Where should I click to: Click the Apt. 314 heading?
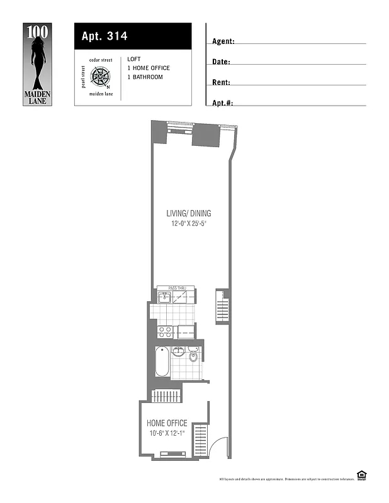pyautogui.click(x=104, y=36)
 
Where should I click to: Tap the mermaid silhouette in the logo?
pyautogui.click(x=38, y=60)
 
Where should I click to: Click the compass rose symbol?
pyautogui.click(x=100, y=77)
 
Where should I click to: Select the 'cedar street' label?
pyautogui.click(x=100, y=60)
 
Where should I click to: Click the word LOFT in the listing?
pyautogui.click(x=134, y=59)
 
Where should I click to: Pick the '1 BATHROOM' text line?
pyautogui.click(x=145, y=77)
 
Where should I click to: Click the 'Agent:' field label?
pyautogui.click(x=223, y=41)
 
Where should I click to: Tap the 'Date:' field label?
pyautogui.click(x=221, y=62)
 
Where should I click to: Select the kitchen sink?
pyautogui.click(x=164, y=297)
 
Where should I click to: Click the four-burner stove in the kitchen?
pyautogui.click(x=165, y=331)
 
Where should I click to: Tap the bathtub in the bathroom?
pyautogui.click(x=162, y=362)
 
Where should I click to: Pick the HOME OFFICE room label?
pyautogui.click(x=167, y=423)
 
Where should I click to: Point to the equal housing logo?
pyautogui.click(x=361, y=475)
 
